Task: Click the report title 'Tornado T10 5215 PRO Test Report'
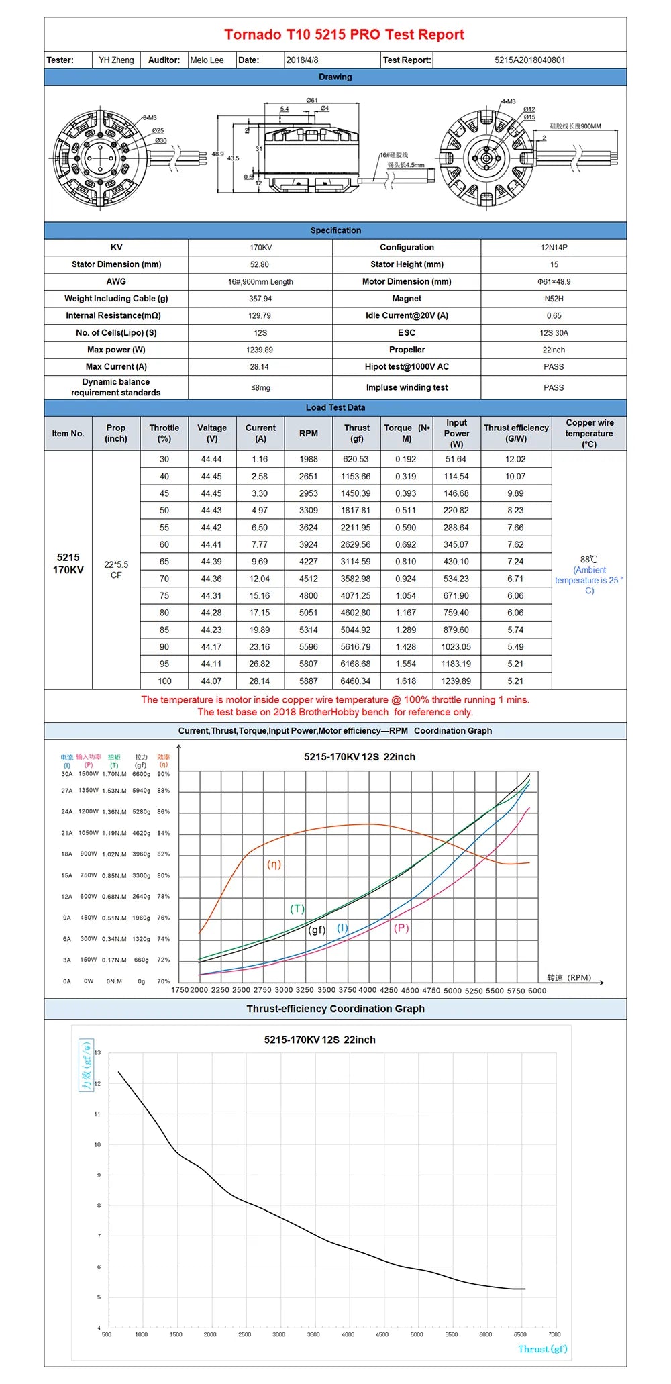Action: tap(344, 34)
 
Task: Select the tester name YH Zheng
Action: tap(116, 60)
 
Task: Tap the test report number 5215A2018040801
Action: tap(529, 60)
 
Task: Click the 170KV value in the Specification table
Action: tap(260, 248)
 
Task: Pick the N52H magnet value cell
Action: tap(554, 299)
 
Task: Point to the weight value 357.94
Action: tap(260, 299)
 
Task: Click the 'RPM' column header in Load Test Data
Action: tap(309, 434)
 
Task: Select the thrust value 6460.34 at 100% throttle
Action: tap(356, 681)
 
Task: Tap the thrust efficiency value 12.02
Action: tap(515, 459)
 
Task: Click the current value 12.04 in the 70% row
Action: tap(260, 579)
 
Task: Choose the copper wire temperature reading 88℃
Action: tap(588, 559)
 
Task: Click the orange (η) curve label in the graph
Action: tap(274, 864)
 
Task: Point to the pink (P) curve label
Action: tap(401, 928)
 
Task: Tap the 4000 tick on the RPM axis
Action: tap(368, 990)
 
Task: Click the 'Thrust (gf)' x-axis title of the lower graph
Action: tap(542, 1349)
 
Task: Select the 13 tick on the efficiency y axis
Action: tap(98, 1052)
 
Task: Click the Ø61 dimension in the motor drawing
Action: tap(312, 101)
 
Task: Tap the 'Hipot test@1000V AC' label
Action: tap(407, 367)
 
